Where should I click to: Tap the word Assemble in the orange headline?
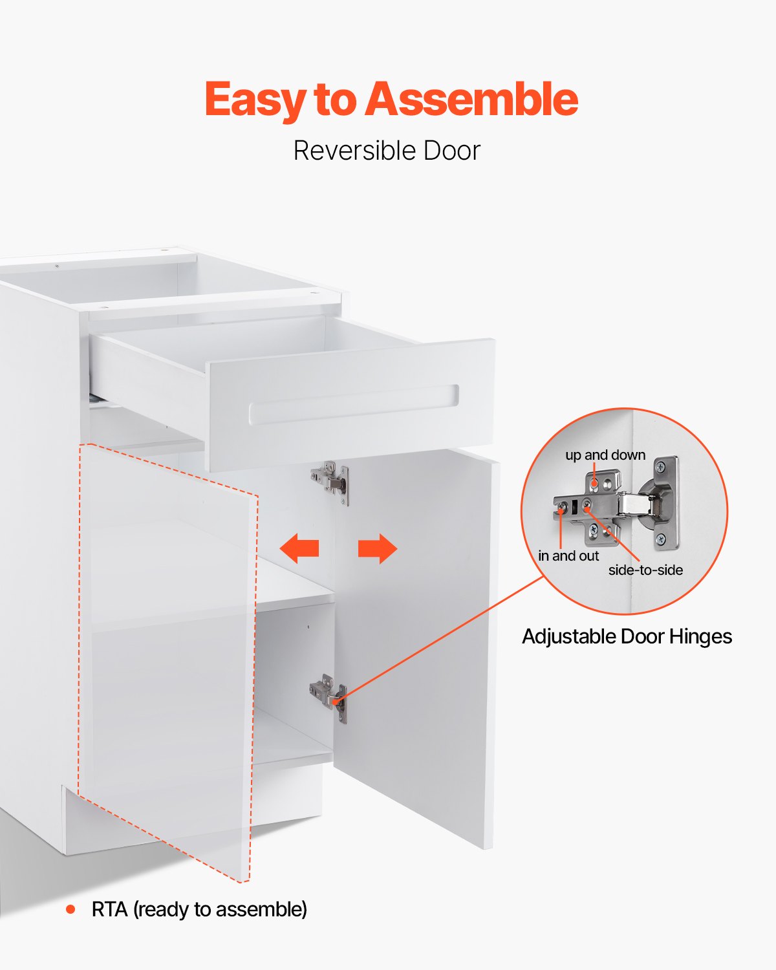(471, 100)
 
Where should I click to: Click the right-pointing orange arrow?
(378, 548)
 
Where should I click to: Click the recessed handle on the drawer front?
(354, 405)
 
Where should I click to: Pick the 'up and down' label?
(605, 455)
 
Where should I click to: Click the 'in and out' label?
(568, 556)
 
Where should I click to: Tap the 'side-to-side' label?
(645, 570)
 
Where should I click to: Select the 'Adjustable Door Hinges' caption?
(627, 637)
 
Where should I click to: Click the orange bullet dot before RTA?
(70, 910)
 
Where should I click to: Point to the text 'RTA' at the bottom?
(109, 910)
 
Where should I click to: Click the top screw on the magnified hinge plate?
(660, 466)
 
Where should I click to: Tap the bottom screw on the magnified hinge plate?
(660, 539)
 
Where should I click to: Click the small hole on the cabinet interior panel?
(308, 627)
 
